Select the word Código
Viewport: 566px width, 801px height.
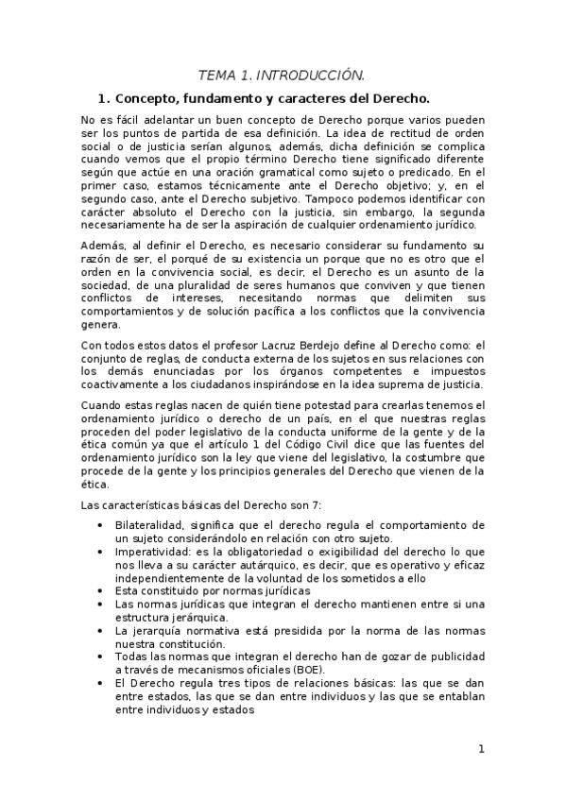pyautogui.click(x=328, y=445)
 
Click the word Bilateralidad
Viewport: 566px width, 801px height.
pyautogui.click(x=151, y=523)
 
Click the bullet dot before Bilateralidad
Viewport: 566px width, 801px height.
pyautogui.click(x=101, y=524)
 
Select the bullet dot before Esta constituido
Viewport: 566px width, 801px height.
pyautogui.click(x=101, y=590)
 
